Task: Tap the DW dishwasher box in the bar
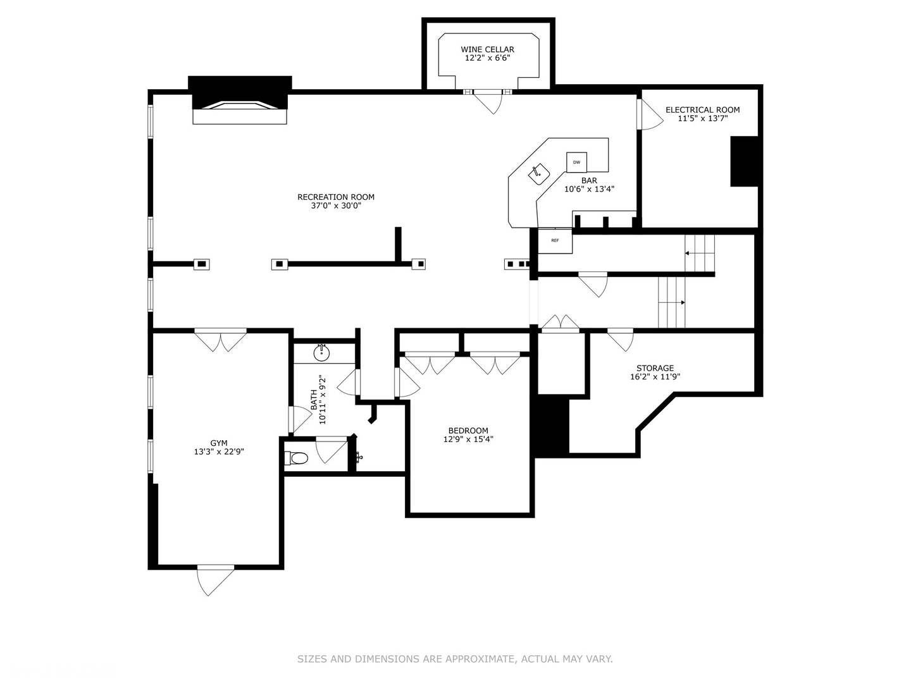(576, 162)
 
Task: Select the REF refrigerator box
(555, 240)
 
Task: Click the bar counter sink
(539, 174)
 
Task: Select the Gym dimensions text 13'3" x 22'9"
(219, 452)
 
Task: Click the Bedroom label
(468, 431)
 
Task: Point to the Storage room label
(655, 368)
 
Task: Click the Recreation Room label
(336, 197)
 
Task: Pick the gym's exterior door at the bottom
(215, 581)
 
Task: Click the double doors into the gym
(220, 340)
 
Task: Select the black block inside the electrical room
(745, 161)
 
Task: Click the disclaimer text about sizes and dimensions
(455, 658)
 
